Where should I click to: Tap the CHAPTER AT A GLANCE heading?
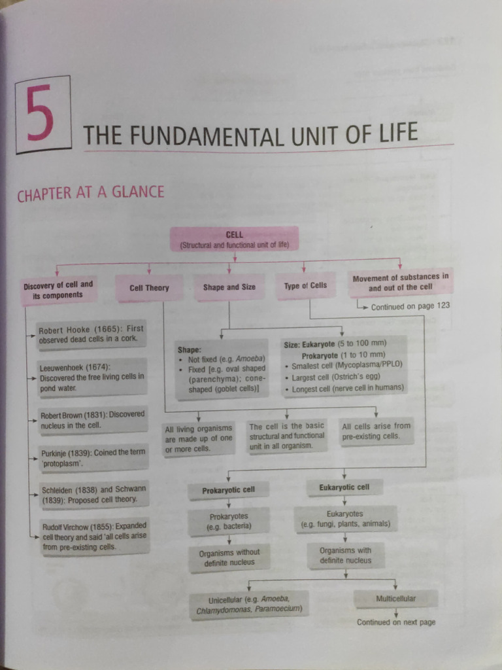point(90,193)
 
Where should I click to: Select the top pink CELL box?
point(234,239)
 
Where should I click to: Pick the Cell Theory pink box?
point(149,288)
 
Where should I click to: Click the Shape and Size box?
point(229,287)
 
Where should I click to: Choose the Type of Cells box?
point(305,286)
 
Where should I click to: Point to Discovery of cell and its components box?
point(58,290)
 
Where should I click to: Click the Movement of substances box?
point(401,282)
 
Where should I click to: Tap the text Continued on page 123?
point(410,306)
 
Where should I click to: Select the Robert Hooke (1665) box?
point(91,334)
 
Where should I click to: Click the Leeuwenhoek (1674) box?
point(91,378)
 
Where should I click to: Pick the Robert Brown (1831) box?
point(92,419)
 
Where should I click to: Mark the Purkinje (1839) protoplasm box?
point(91,457)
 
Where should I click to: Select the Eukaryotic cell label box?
point(344,487)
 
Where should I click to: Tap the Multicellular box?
point(395,599)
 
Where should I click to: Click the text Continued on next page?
point(395,622)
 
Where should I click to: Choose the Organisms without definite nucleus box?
point(229,557)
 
